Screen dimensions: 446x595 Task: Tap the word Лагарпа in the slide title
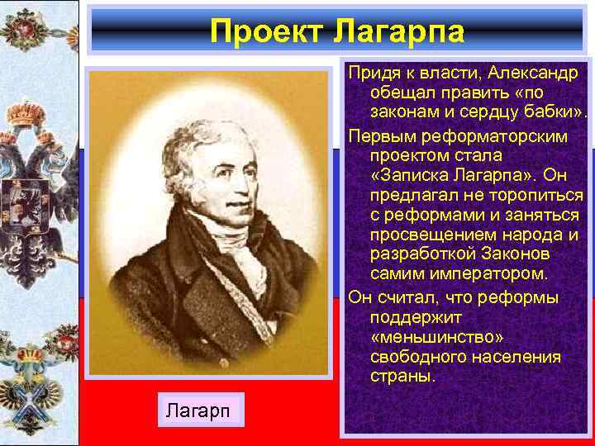399,31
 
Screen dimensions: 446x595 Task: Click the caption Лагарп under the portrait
201,410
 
